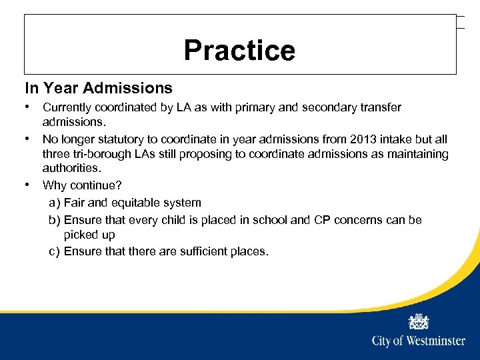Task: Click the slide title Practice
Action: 239,51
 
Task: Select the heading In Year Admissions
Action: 99,88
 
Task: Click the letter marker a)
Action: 54,203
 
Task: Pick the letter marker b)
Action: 54,220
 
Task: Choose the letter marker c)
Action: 54,251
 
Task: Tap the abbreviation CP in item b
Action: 321,220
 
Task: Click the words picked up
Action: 89,235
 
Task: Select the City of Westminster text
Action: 418,341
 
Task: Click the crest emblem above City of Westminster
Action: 419,321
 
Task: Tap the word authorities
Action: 71,169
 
